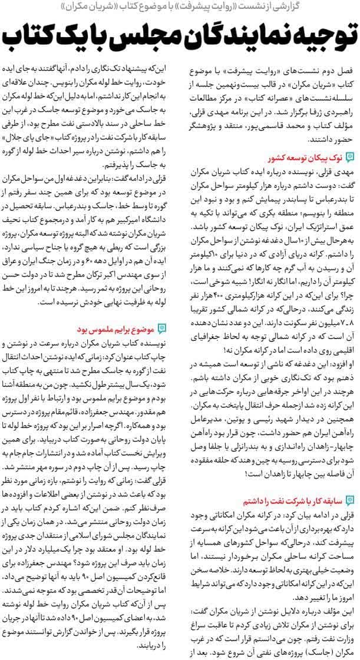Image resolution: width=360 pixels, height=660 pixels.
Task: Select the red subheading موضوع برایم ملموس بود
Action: [118, 328]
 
